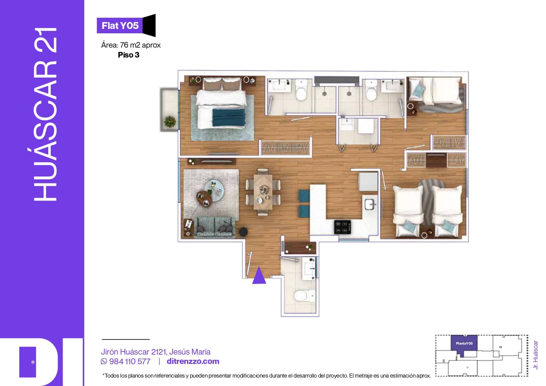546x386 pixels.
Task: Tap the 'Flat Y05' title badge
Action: (126, 26)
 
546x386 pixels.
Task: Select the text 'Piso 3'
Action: (129, 55)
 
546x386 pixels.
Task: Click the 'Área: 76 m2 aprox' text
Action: (131, 45)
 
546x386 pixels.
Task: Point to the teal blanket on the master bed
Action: (229, 117)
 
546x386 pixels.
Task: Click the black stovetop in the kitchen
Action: (342, 227)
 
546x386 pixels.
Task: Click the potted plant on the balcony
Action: (170, 121)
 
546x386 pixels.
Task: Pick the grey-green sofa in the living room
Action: (214, 227)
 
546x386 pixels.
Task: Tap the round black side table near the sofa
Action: (243, 231)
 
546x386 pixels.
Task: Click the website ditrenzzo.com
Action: (193, 361)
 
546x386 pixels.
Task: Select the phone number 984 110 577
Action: (130, 361)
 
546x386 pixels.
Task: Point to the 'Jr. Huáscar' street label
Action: (535, 355)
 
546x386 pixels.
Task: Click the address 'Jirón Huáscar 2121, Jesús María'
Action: (156, 352)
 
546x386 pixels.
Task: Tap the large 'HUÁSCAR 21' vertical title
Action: (45, 114)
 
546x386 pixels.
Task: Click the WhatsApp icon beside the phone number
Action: (104, 361)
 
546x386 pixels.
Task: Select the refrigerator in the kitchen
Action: (368, 181)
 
